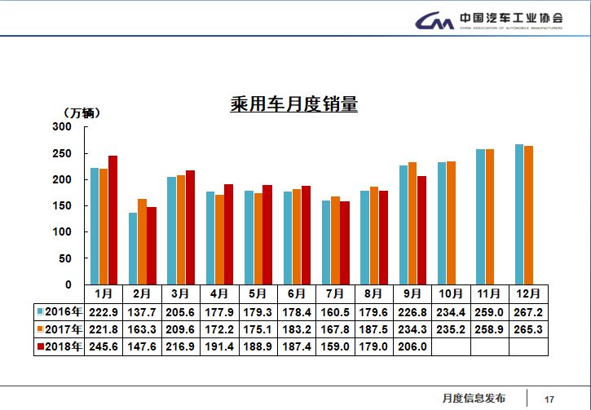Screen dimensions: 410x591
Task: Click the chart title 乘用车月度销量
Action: (x=294, y=105)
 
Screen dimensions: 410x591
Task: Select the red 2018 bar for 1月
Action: (x=113, y=219)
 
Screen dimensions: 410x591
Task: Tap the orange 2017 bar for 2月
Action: (x=142, y=241)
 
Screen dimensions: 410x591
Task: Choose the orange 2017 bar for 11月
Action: (x=490, y=216)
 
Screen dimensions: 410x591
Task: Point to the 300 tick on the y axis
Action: (x=62, y=127)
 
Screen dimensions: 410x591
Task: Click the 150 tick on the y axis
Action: (x=62, y=206)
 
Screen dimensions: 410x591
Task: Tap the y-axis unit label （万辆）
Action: (x=82, y=112)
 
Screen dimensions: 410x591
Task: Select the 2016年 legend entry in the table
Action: (x=60, y=311)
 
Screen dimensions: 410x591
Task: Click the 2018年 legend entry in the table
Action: (x=60, y=347)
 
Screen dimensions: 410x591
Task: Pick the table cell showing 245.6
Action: (x=104, y=347)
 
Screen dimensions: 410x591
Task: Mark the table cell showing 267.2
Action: (x=529, y=311)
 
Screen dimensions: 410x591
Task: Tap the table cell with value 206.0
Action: (x=412, y=347)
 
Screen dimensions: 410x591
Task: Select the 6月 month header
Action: (x=297, y=293)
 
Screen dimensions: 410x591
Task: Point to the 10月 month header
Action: (x=451, y=293)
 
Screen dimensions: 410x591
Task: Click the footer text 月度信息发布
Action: (x=474, y=399)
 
